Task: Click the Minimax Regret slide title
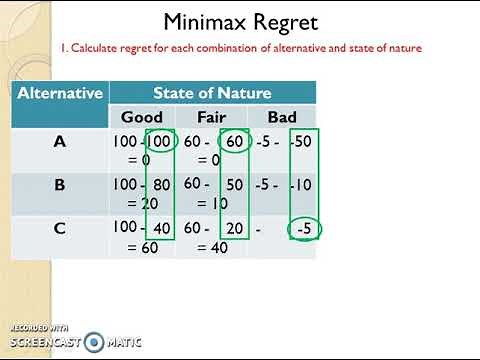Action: point(241,22)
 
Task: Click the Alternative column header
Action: point(60,93)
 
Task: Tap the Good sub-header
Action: point(142,118)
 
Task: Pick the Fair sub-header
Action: point(212,118)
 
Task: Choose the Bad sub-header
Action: point(282,118)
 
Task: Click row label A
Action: point(59,141)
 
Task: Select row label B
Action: point(59,185)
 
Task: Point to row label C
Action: point(59,228)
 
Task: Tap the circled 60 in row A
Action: point(233,143)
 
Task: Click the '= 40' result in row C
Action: point(212,246)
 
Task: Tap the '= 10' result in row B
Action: point(212,202)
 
